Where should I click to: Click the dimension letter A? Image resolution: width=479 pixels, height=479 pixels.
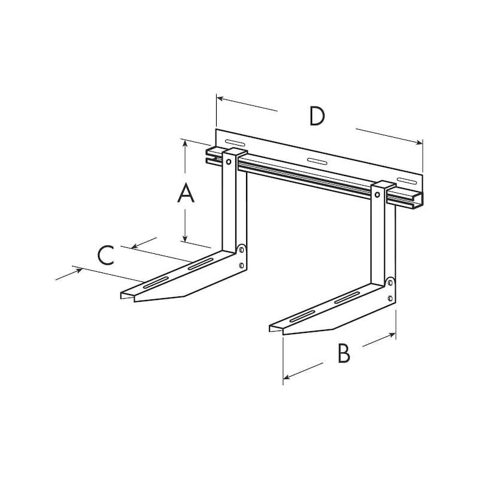[186, 194]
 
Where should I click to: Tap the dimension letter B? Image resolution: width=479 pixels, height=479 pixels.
[342, 353]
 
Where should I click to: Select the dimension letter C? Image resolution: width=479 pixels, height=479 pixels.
[105, 255]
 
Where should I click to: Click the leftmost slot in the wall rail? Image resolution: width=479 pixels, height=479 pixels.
[234, 143]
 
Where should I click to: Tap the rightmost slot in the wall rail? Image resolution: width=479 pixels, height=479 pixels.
[407, 181]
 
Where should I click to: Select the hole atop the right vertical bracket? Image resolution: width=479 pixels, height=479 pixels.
[378, 193]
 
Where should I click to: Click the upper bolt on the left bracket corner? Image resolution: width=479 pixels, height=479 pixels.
[242, 250]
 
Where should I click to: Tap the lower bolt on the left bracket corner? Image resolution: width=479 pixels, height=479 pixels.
[241, 265]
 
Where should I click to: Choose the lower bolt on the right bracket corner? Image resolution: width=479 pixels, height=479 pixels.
[389, 298]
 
